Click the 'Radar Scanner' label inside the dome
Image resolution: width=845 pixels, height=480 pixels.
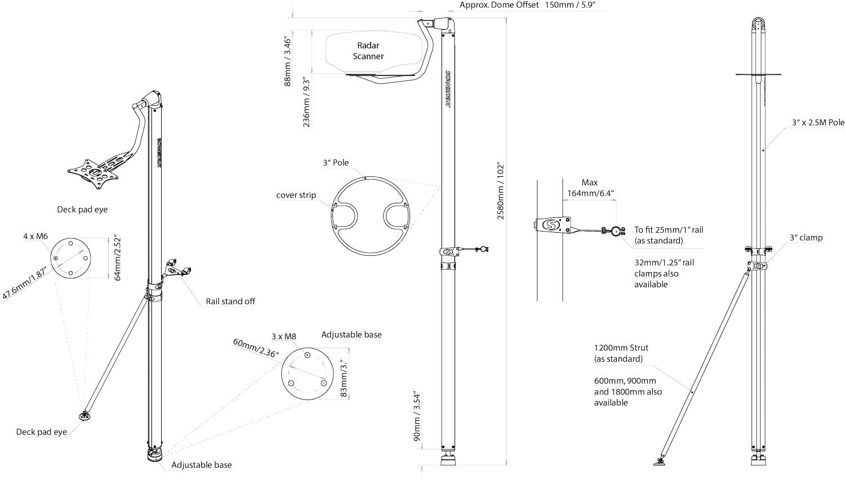tap(368, 51)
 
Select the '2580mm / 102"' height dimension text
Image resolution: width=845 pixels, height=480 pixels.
tap(500, 192)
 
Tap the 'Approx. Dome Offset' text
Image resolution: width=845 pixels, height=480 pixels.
tap(499, 5)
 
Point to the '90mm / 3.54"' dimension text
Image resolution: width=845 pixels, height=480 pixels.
tap(416, 416)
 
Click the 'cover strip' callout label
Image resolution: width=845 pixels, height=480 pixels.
tap(296, 195)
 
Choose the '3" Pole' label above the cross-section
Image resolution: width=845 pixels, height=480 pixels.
tap(335, 163)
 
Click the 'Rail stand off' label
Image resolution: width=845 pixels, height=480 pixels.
tap(230, 301)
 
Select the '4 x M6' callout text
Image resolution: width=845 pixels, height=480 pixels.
tap(35, 236)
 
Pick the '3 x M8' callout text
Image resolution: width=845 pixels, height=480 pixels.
tap(284, 336)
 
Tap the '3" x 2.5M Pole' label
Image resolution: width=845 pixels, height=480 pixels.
tap(818, 123)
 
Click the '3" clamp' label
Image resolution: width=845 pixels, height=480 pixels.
tap(806, 238)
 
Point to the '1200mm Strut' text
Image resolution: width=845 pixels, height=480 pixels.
tap(621, 348)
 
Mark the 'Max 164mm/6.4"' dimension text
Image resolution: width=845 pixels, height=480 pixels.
tap(590, 188)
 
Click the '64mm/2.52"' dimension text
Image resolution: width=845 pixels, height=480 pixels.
tap(117, 259)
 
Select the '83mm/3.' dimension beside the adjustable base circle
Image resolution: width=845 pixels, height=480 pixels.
tap(344, 378)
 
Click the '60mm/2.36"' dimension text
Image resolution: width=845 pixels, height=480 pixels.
tap(256, 348)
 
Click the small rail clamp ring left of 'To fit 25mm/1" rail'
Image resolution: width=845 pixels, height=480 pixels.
tap(616, 231)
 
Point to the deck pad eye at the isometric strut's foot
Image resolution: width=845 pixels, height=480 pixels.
tap(84, 416)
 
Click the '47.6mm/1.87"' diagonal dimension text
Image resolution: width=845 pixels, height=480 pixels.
tap(24, 284)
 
